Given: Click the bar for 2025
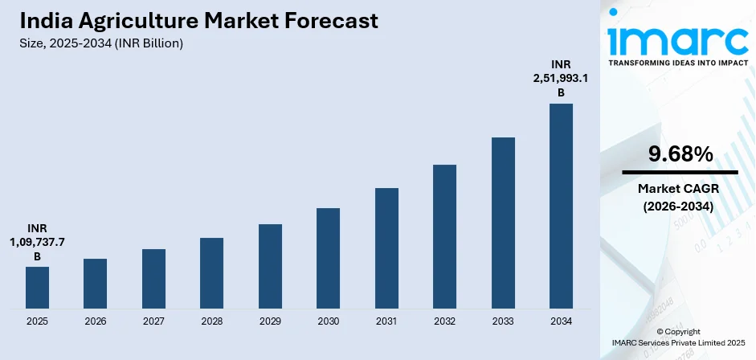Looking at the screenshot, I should click(37, 287).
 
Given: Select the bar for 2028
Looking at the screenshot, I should click(211, 272).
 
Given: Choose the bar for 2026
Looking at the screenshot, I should click(95, 283).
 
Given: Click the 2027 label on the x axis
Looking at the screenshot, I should click(153, 321).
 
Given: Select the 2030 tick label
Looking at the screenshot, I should click(328, 321).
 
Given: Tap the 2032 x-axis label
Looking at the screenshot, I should click(444, 321).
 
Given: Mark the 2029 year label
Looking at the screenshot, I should click(270, 321).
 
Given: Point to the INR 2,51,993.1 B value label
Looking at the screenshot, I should click(561, 78).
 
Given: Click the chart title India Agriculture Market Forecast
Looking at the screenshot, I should click(198, 22).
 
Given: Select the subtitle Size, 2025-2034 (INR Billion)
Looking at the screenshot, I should click(101, 43).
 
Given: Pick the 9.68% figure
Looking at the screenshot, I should click(680, 154).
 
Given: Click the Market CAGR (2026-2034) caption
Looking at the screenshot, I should click(680, 197).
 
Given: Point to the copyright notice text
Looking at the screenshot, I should click(678, 337).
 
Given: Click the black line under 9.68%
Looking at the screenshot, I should click(680, 172).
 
